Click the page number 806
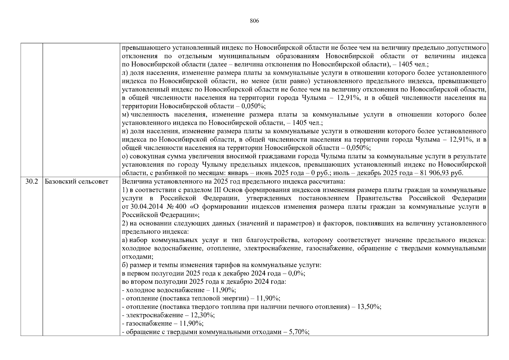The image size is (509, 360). click(x=254, y=21)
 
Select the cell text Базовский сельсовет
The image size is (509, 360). click(x=76, y=181)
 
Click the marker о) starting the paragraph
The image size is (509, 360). click(x=125, y=156)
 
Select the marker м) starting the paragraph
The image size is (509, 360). click(x=125, y=115)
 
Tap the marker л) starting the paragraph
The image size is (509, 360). click(x=125, y=73)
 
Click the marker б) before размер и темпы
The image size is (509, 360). click(x=125, y=265)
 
